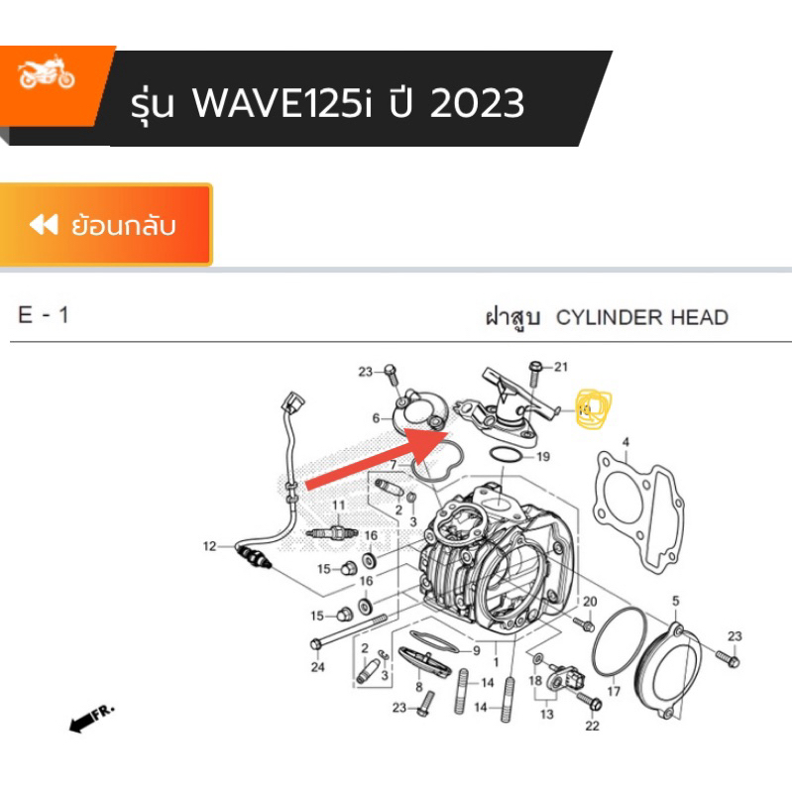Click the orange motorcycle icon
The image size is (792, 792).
pyautogui.click(x=47, y=76)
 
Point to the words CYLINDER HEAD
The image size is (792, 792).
pyautogui.click(x=642, y=318)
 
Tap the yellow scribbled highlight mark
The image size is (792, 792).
pyautogui.click(x=593, y=407)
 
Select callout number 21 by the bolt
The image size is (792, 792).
pyautogui.click(x=561, y=368)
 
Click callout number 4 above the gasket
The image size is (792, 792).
pyautogui.click(x=625, y=442)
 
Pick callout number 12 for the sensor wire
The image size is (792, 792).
pyautogui.click(x=209, y=546)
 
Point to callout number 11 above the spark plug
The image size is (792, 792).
pyautogui.click(x=337, y=506)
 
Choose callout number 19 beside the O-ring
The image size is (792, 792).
pyautogui.click(x=542, y=457)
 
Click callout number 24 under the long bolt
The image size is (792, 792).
pyautogui.click(x=317, y=667)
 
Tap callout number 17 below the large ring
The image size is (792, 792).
pyautogui.click(x=613, y=691)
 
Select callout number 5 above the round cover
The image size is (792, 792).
pyautogui.click(x=676, y=601)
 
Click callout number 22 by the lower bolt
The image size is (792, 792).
pyautogui.click(x=593, y=726)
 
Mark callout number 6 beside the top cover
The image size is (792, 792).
pyautogui.click(x=377, y=418)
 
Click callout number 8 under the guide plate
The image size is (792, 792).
pyautogui.click(x=419, y=686)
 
